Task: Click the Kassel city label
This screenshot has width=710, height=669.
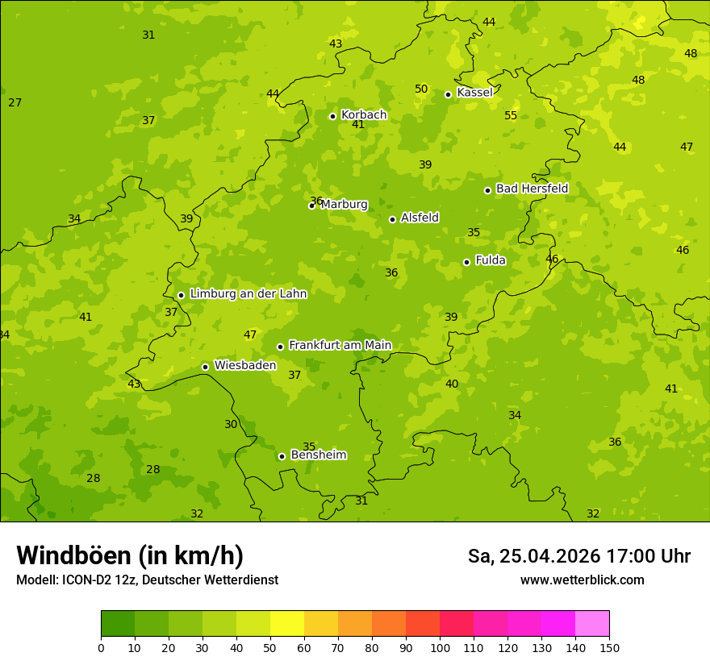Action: coord(474,93)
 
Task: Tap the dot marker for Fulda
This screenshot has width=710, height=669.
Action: coord(466,262)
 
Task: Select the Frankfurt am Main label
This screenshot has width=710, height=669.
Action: coord(340,345)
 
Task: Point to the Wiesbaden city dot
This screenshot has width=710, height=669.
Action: coord(205,367)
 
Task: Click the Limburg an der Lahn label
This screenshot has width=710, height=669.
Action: coord(248,294)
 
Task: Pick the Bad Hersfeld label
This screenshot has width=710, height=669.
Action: coord(532,189)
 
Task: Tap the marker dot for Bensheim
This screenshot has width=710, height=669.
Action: coord(282,456)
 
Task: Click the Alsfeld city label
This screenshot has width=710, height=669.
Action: coord(420,218)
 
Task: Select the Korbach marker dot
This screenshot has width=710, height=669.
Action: coord(332,116)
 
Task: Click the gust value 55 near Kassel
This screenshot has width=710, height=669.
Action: coord(511,116)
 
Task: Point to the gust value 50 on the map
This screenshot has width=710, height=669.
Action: coord(421,89)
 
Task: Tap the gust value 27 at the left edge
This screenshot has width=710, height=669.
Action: coord(15,102)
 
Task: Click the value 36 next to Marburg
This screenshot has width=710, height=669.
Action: coord(315,201)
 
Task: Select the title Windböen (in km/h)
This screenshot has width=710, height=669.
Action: coord(130,555)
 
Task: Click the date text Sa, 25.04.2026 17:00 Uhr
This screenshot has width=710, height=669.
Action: coord(578,556)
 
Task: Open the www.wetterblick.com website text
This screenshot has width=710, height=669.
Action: coord(582,580)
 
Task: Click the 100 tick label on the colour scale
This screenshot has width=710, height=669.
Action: coord(440,647)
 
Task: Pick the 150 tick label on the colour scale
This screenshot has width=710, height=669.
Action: coord(609,647)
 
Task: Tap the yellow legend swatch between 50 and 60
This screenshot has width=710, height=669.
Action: coord(287,624)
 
